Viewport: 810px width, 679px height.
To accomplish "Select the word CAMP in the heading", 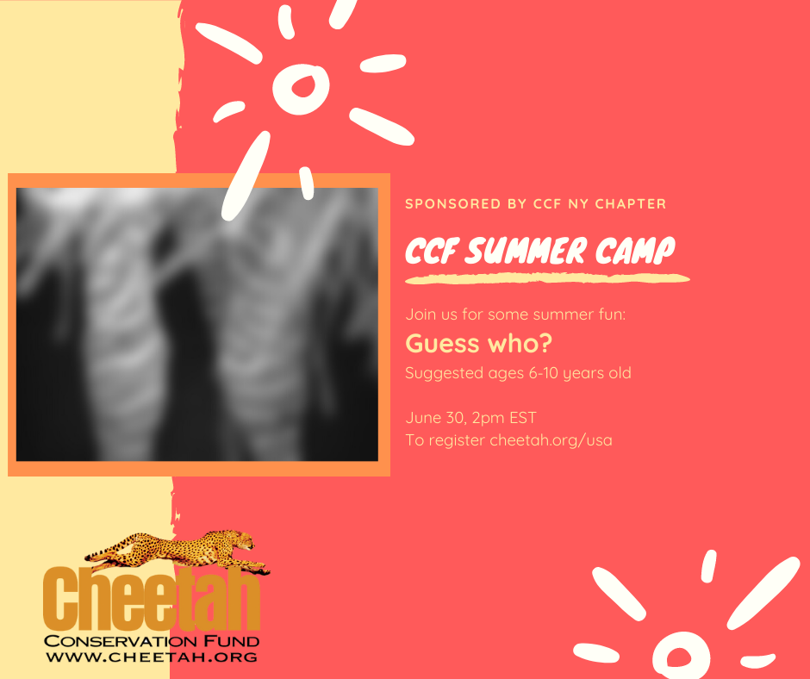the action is coord(635,252).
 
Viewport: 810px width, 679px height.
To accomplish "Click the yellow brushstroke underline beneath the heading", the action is coord(547,279).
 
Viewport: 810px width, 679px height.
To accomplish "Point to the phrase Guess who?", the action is coord(478,344).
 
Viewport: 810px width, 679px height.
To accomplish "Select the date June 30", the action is coord(435,418).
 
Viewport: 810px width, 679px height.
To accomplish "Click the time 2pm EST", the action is coord(504,418).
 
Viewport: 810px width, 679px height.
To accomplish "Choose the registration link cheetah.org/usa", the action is coord(551,440).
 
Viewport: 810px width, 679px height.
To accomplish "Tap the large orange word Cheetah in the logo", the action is coord(152,600).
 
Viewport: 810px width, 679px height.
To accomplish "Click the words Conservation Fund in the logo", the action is coord(152,641).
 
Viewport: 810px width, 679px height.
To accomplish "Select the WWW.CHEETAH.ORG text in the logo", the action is coord(152,657).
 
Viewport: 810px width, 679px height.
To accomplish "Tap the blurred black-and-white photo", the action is coord(197,324).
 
